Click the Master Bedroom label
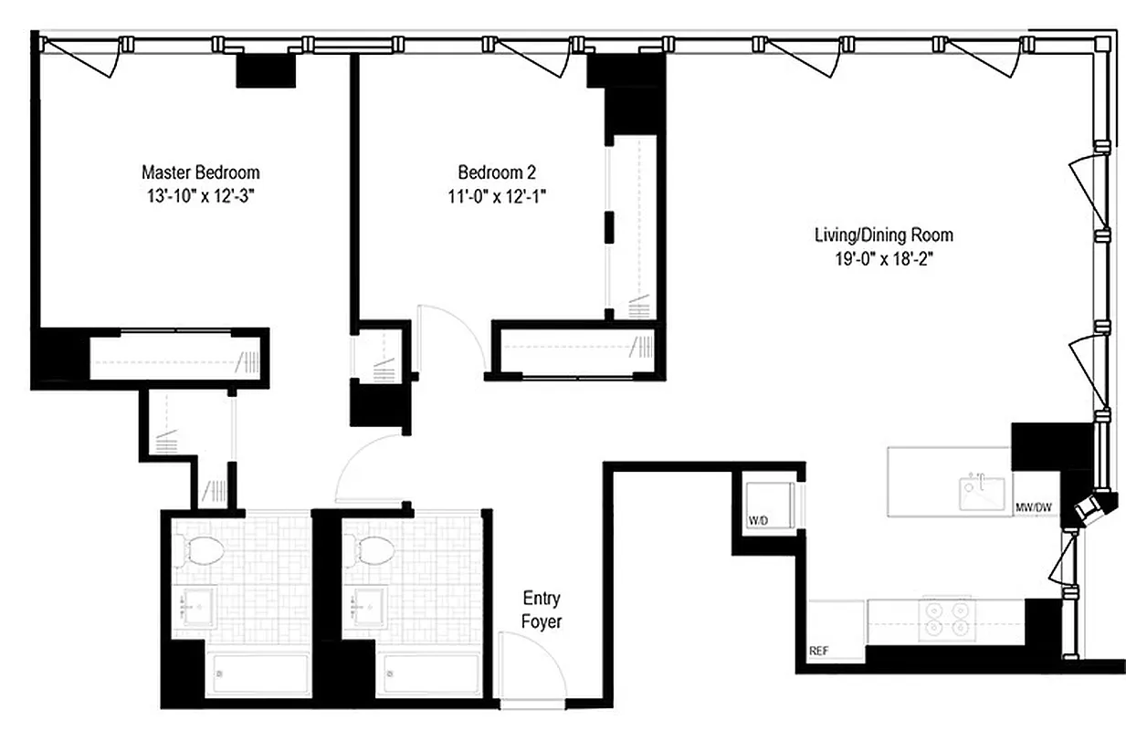[200, 172]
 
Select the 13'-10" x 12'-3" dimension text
[200, 195]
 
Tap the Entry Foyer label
[542, 610]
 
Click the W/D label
[759, 521]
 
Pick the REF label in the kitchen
[819, 652]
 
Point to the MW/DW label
[1035, 506]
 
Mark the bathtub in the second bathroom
[427, 675]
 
